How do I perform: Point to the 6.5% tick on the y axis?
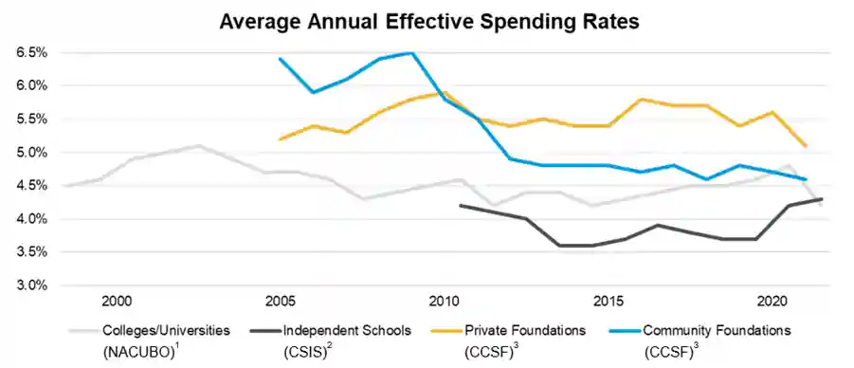(31, 53)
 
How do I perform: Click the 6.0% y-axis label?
(31, 86)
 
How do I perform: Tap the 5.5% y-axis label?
(31, 120)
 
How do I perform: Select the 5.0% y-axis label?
(31, 153)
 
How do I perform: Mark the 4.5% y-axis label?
(31, 186)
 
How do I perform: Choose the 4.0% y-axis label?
(31, 219)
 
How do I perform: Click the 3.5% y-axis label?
(31, 252)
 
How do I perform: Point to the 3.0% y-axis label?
(31, 285)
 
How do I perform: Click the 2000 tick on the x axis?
(117, 301)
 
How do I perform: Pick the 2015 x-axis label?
(609, 301)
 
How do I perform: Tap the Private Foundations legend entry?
(524, 331)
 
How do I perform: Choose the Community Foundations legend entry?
(716, 331)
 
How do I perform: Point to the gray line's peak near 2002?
(198, 146)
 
